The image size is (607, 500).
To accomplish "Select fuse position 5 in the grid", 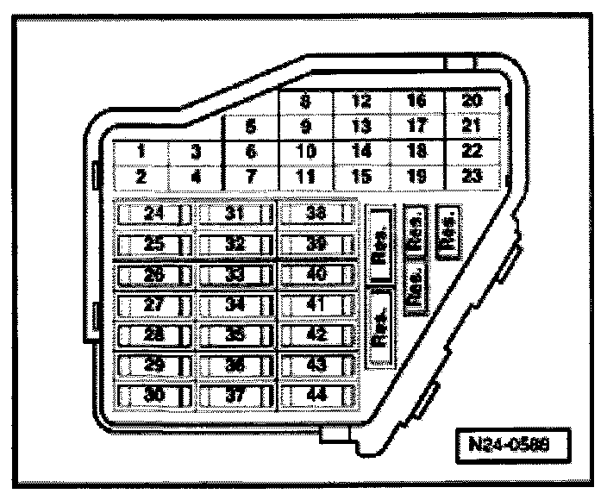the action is click(x=250, y=128).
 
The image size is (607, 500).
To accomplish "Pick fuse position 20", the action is click(x=472, y=103).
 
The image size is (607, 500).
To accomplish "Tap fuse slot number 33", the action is click(x=235, y=275).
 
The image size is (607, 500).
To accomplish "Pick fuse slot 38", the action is click(x=316, y=214).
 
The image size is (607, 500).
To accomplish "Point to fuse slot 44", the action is click(x=316, y=396).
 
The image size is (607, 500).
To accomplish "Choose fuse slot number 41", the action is click(x=316, y=305).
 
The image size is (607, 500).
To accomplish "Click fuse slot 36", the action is click(x=235, y=366).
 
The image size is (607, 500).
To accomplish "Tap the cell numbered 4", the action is click(x=195, y=178).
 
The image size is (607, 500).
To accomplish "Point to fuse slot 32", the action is click(x=235, y=244).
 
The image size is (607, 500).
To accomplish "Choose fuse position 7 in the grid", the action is click(x=250, y=178).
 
